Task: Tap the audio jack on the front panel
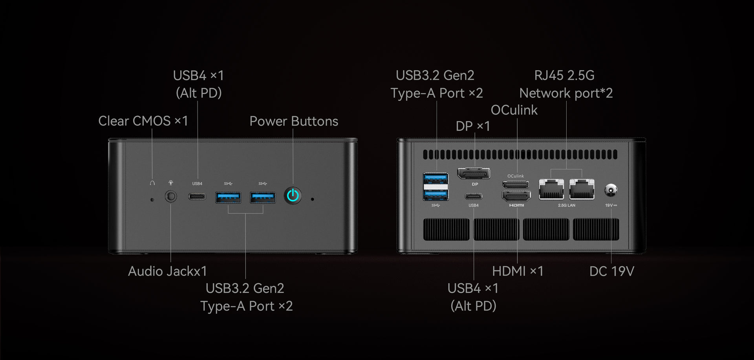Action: [171, 196]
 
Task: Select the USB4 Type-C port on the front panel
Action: [197, 196]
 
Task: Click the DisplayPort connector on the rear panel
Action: [474, 173]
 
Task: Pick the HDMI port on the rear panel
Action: [516, 196]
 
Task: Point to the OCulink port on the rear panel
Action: [516, 184]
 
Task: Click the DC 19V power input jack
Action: [611, 190]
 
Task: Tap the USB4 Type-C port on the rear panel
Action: [474, 196]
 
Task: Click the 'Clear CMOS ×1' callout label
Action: [143, 121]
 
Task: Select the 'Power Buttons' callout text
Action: [294, 121]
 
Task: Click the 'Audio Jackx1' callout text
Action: [167, 271]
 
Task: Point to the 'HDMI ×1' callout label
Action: [518, 271]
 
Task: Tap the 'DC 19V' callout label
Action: [611, 271]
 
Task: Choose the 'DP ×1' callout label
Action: [473, 126]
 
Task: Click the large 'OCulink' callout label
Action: [514, 110]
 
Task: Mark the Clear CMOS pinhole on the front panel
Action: [152, 200]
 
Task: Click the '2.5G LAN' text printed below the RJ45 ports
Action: [566, 205]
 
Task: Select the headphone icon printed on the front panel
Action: [152, 183]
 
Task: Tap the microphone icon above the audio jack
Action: [171, 183]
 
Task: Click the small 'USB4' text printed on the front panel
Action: [197, 184]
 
